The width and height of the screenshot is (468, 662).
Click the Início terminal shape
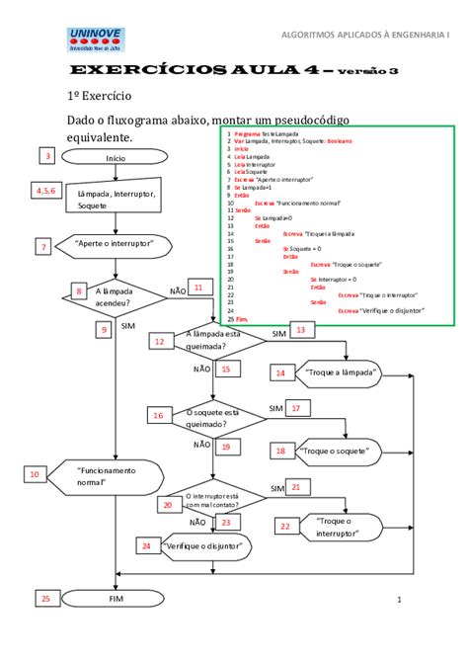coord(116,158)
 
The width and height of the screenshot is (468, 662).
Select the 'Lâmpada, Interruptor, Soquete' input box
coord(116,200)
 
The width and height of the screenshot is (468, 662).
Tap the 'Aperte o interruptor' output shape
coord(117,244)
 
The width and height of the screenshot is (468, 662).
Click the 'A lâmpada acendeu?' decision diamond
coord(117,297)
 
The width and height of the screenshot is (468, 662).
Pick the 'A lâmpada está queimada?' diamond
coord(215,341)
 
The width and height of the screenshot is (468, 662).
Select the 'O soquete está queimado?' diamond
coord(213,418)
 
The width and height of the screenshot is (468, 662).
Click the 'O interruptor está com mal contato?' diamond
coord(213,496)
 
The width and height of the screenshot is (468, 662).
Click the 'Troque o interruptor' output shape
coord(337,527)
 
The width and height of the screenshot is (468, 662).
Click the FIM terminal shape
coord(116,599)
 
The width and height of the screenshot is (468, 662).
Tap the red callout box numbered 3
coord(46,155)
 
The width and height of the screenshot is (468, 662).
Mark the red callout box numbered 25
coord(46,598)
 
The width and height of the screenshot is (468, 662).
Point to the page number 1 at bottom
coord(400,600)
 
